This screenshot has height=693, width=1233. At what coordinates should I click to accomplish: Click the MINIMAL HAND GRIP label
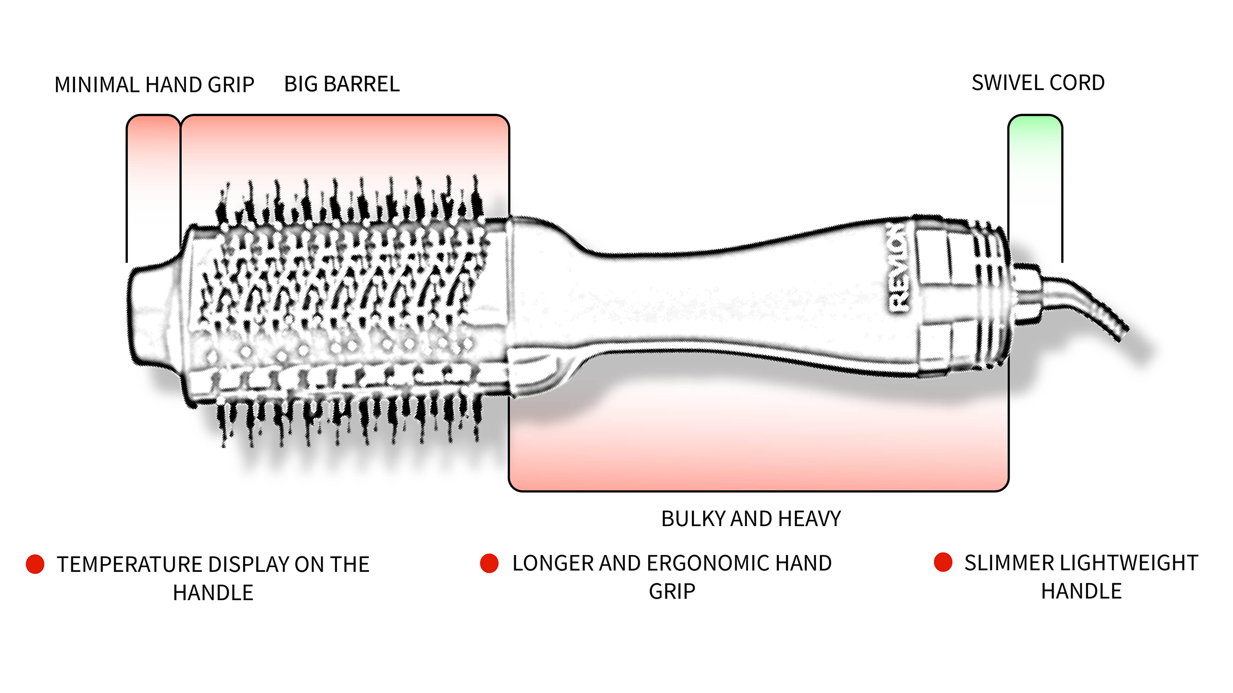pyautogui.click(x=154, y=85)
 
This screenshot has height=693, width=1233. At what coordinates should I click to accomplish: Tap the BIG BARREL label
pyautogui.click(x=342, y=84)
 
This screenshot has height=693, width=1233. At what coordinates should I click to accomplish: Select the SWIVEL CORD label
pyautogui.click(x=1038, y=83)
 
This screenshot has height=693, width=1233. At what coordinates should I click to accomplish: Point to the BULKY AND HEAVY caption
pyautogui.click(x=751, y=519)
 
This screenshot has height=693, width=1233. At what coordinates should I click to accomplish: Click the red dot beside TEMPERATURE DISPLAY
pyautogui.click(x=35, y=564)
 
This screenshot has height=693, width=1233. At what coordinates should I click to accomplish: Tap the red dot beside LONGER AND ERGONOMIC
pyautogui.click(x=489, y=563)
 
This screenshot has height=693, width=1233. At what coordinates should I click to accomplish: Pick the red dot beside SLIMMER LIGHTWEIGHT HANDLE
pyautogui.click(x=943, y=562)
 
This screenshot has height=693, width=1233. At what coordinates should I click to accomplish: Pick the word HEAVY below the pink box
pyautogui.click(x=810, y=519)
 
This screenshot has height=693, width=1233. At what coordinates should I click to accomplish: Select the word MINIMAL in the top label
pyautogui.click(x=97, y=85)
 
